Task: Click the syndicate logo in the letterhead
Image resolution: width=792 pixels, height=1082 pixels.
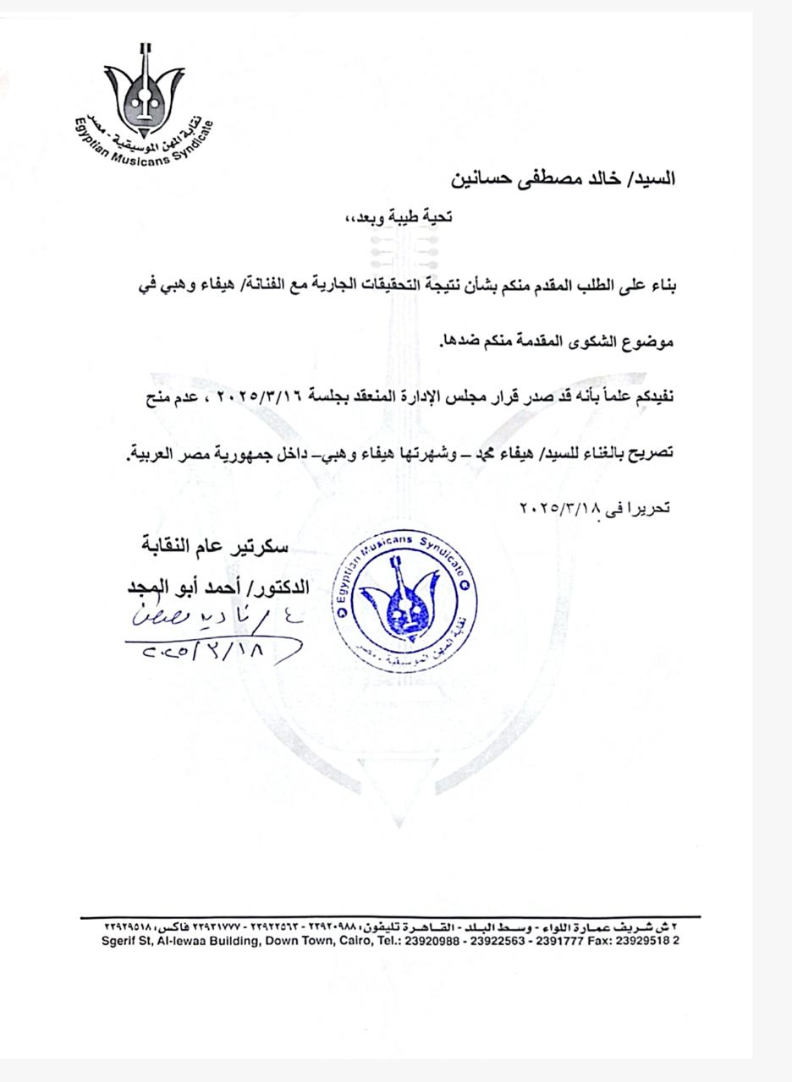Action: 142,106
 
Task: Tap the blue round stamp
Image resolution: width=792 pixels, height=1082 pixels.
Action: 404,601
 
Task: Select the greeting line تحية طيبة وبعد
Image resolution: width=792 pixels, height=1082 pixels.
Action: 394,217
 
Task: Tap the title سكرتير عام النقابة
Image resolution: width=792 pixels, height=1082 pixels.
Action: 215,547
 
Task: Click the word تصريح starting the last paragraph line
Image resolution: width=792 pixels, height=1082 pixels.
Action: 649,452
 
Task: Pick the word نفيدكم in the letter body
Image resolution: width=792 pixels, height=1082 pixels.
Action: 652,397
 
